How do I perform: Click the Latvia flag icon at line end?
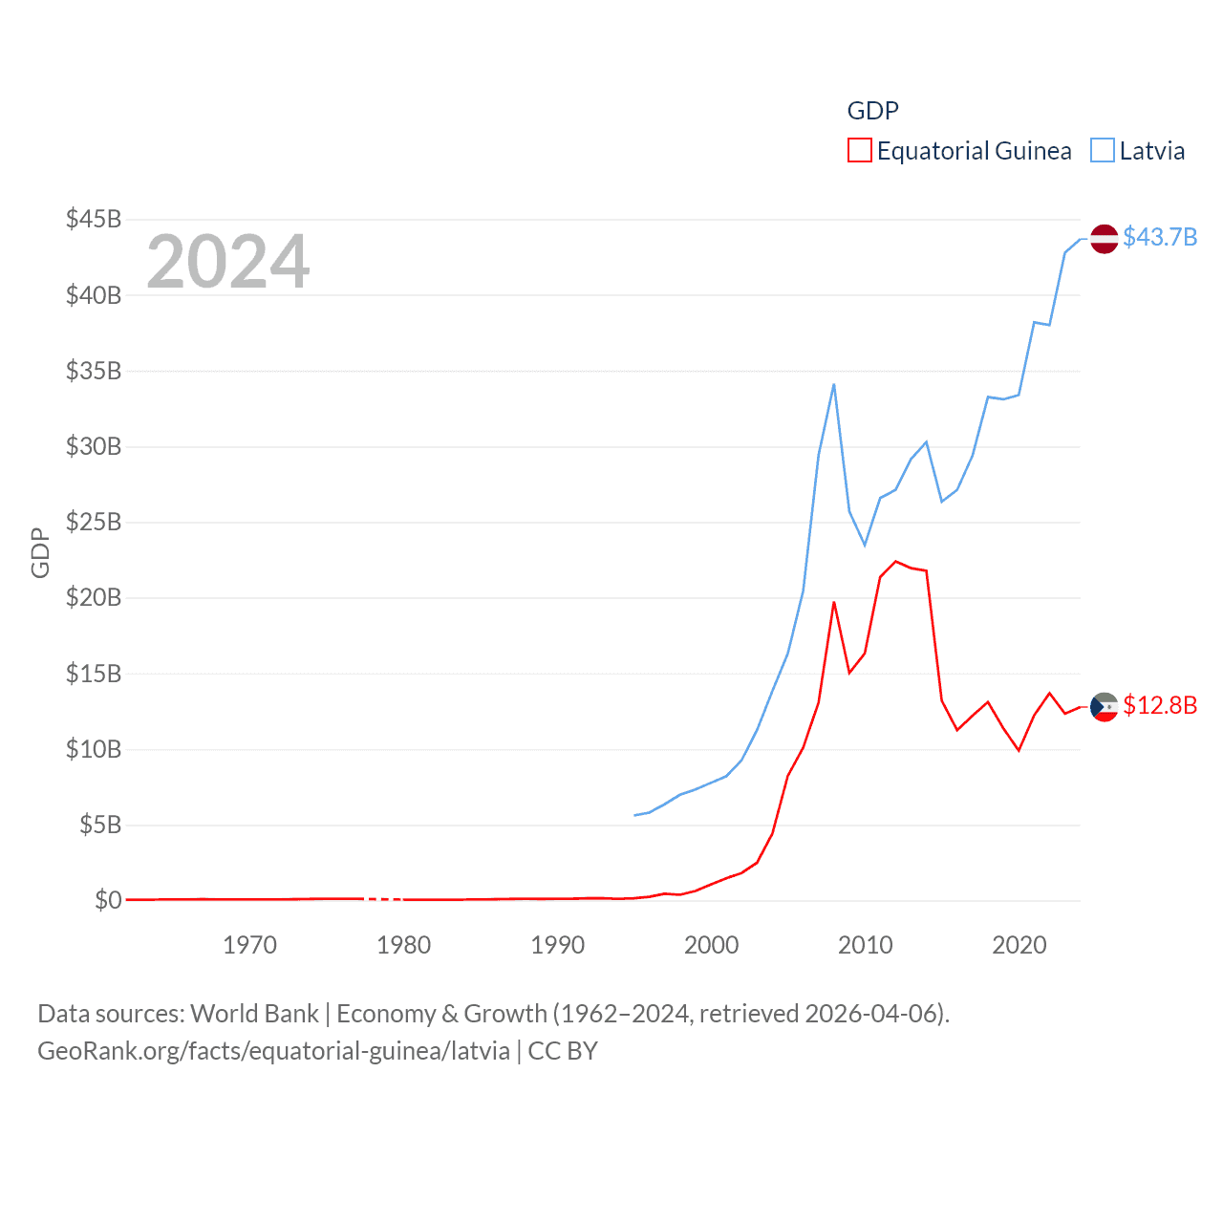(x=1104, y=238)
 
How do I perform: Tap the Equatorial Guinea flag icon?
(x=1104, y=707)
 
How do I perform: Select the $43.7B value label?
(x=1160, y=237)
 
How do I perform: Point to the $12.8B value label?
(x=1160, y=705)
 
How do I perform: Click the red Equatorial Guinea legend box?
(x=859, y=151)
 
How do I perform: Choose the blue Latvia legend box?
(x=1103, y=151)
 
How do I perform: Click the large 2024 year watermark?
(x=227, y=262)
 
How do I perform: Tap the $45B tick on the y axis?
(x=94, y=219)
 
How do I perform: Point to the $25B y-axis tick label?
(x=94, y=522)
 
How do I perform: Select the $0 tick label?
(x=108, y=900)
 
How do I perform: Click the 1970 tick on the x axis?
(x=249, y=945)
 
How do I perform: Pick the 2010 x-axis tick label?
(x=865, y=945)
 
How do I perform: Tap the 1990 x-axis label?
(x=557, y=945)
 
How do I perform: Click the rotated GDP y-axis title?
(x=40, y=552)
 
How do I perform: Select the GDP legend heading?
(x=872, y=111)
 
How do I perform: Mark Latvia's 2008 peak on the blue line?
(x=834, y=384)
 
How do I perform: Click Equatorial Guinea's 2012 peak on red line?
(x=895, y=562)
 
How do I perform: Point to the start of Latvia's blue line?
(x=634, y=815)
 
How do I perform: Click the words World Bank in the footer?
(x=254, y=1013)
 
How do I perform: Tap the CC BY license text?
(x=563, y=1051)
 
